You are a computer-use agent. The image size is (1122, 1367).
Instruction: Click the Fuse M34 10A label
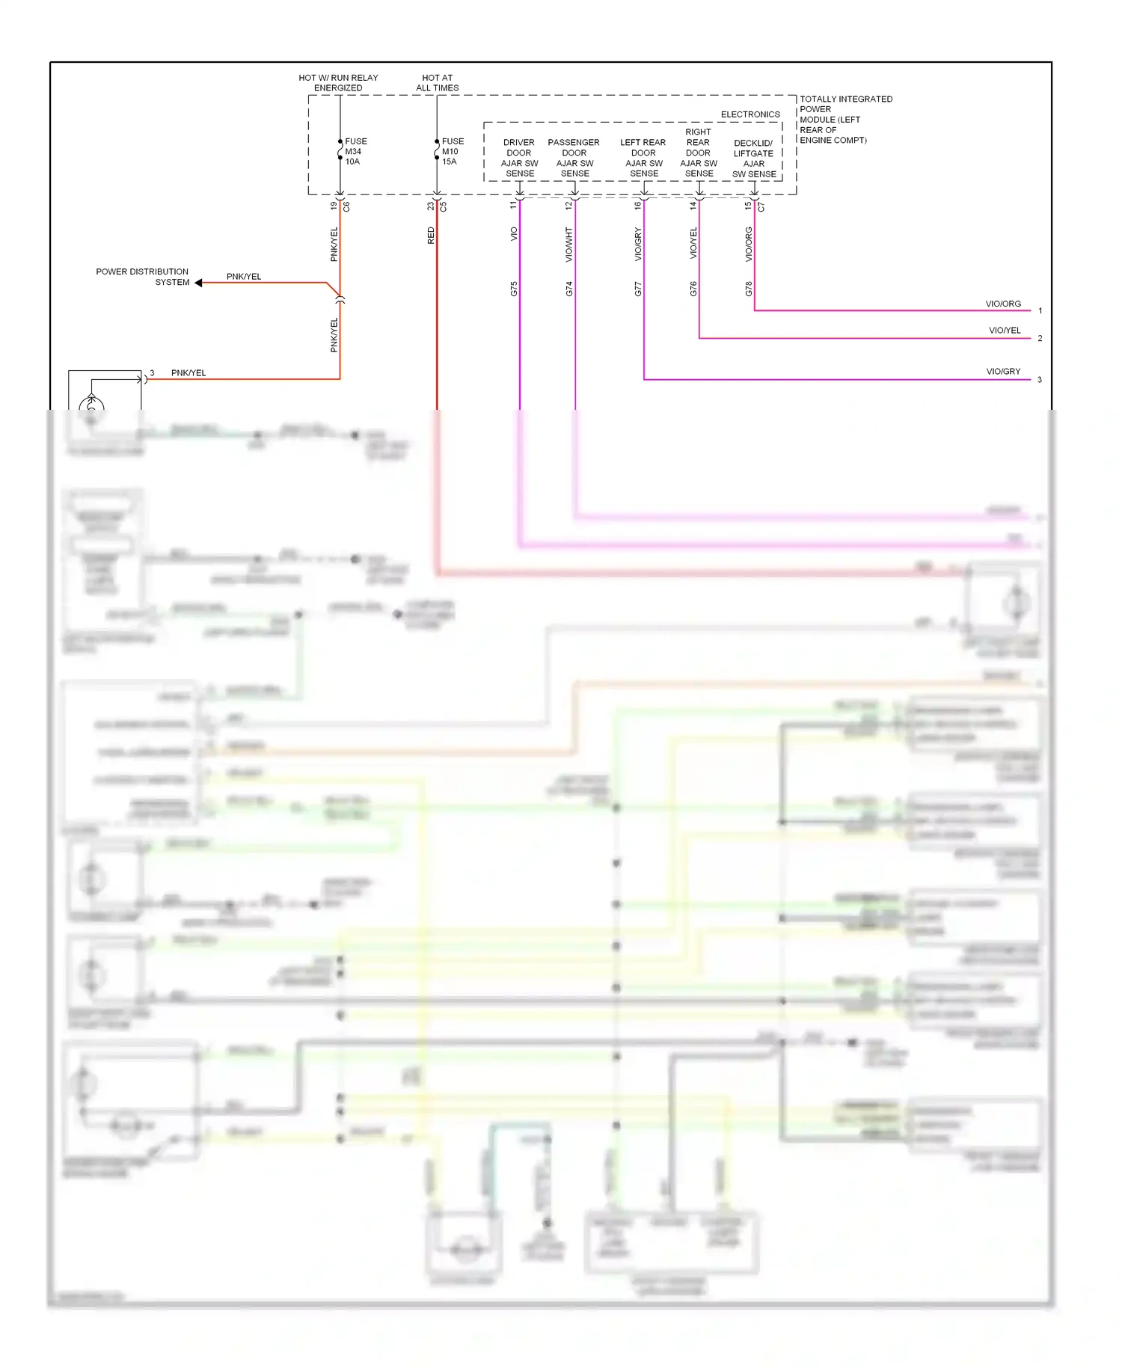(355, 151)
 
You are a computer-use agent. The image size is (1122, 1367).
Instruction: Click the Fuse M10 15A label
(452, 151)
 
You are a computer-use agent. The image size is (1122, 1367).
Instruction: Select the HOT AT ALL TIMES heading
(438, 83)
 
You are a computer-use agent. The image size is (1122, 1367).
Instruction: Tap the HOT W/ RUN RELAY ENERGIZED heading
(338, 83)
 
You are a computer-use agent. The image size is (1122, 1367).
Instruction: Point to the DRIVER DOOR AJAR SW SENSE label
(519, 158)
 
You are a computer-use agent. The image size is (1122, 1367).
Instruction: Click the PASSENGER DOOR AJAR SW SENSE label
(574, 158)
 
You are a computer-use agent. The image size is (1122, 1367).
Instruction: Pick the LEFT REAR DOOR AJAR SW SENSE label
(643, 158)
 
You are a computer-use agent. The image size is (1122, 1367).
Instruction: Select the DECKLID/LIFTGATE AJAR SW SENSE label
(753, 159)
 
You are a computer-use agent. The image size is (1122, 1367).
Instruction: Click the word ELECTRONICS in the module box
(750, 114)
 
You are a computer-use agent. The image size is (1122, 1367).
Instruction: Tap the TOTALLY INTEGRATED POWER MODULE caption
(845, 120)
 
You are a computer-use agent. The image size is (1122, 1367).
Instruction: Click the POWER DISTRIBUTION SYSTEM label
(143, 277)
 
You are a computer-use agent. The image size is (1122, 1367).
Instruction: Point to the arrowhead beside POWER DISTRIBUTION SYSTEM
(198, 283)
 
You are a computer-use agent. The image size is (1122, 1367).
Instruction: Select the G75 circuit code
(514, 289)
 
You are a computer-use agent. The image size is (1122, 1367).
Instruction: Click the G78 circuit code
(749, 289)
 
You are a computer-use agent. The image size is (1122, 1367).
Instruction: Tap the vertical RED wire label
(431, 236)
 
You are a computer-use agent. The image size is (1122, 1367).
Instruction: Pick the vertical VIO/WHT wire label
(569, 244)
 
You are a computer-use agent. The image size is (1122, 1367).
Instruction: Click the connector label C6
(346, 206)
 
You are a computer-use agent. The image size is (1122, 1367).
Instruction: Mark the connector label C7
(761, 206)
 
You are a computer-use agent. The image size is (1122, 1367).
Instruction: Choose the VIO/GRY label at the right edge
(1003, 372)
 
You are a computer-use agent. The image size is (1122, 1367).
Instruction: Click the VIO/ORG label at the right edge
(1003, 304)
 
